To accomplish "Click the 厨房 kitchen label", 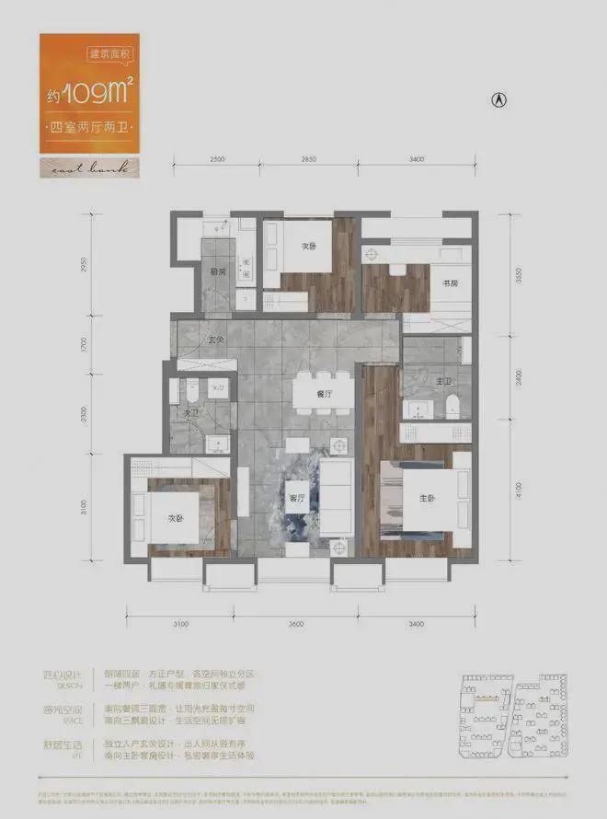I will [x=217, y=271].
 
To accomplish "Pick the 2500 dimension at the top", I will [x=217, y=160].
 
